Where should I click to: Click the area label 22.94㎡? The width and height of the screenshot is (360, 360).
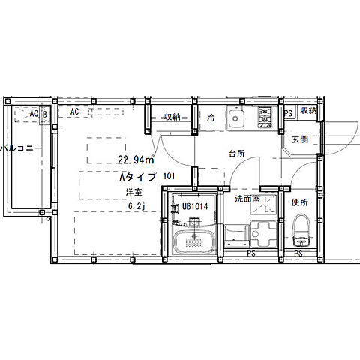tap(136, 160)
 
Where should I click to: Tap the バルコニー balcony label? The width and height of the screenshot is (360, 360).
tap(21, 148)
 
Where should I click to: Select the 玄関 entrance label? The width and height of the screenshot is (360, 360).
tap(300, 139)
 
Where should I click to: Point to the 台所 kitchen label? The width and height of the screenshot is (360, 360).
tap(237, 154)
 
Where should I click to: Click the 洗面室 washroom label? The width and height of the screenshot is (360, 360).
tap(247, 199)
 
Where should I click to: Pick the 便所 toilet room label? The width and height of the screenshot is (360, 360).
tap(300, 202)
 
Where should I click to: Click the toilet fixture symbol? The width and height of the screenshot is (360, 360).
tap(301, 230)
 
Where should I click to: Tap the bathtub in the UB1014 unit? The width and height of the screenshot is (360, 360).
tap(194, 241)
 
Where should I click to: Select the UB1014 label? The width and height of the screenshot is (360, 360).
tap(195, 206)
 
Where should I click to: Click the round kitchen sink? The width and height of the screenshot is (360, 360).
tap(235, 118)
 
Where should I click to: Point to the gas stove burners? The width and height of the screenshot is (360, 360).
tap(265, 117)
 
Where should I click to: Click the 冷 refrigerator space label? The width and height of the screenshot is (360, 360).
tap(211, 118)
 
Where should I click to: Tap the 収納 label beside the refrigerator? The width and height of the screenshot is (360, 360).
tap(172, 117)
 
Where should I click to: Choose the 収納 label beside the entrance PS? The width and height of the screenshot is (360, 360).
tap(308, 110)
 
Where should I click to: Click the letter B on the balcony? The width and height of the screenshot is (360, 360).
tap(45, 115)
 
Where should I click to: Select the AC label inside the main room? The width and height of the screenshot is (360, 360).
tap(74, 112)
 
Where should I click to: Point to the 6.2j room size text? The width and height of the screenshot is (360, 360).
tap(136, 206)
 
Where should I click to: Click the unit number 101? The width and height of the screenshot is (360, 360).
tap(169, 176)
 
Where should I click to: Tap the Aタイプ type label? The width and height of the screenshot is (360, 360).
tap(138, 177)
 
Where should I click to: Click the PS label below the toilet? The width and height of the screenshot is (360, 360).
tap(298, 253)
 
